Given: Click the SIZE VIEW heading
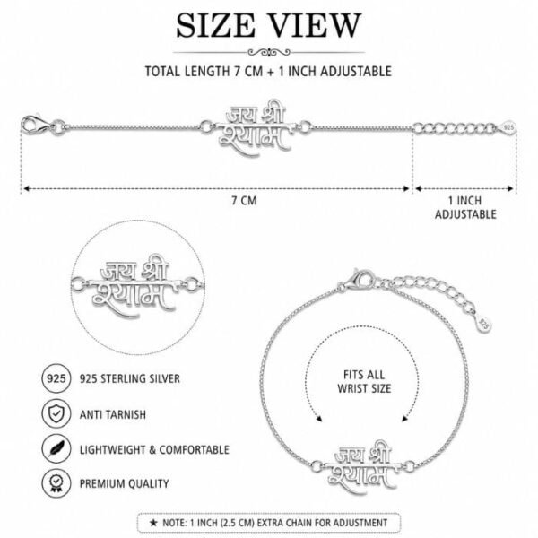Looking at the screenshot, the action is pyautogui.click(x=269, y=25).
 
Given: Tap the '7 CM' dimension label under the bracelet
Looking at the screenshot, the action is pyautogui.click(x=244, y=201).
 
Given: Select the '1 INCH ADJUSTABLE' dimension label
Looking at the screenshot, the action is pyautogui.click(x=465, y=207).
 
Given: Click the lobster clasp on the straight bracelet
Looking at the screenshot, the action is pyautogui.click(x=37, y=125).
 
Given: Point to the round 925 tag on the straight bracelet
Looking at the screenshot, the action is pyautogui.click(x=508, y=127).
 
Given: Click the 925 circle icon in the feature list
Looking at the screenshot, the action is pyautogui.click(x=56, y=378).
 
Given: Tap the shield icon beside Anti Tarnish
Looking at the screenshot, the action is pyautogui.click(x=56, y=413).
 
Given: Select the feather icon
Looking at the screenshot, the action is pyautogui.click(x=56, y=449).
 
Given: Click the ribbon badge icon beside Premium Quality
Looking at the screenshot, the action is pyautogui.click(x=56, y=483).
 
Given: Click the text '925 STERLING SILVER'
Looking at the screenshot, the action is pyautogui.click(x=130, y=378).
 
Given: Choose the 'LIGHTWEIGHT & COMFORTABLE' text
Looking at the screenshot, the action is pyautogui.click(x=154, y=449).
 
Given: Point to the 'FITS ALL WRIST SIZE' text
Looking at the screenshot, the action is pyautogui.click(x=364, y=382).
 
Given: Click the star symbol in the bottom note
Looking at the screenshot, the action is pyautogui.click(x=153, y=523).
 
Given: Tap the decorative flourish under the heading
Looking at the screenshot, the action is pyautogui.click(x=269, y=53).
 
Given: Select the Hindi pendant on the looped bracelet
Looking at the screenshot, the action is pyautogui.click(x=363, y=466).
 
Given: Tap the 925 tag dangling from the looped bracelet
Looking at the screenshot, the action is pyautogui.click(x=484, y=324).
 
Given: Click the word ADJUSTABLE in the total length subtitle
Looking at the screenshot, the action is pyautogui.click(x=356, y=72).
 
